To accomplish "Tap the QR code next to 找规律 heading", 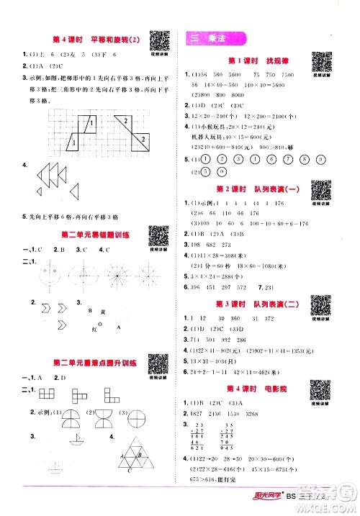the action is pyautogui.click(x=321, y=63).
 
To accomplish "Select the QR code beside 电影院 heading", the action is pyautogui.click(x=320, y=382).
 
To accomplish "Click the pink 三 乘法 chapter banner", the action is pyautogui.click(x=214, y=40).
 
